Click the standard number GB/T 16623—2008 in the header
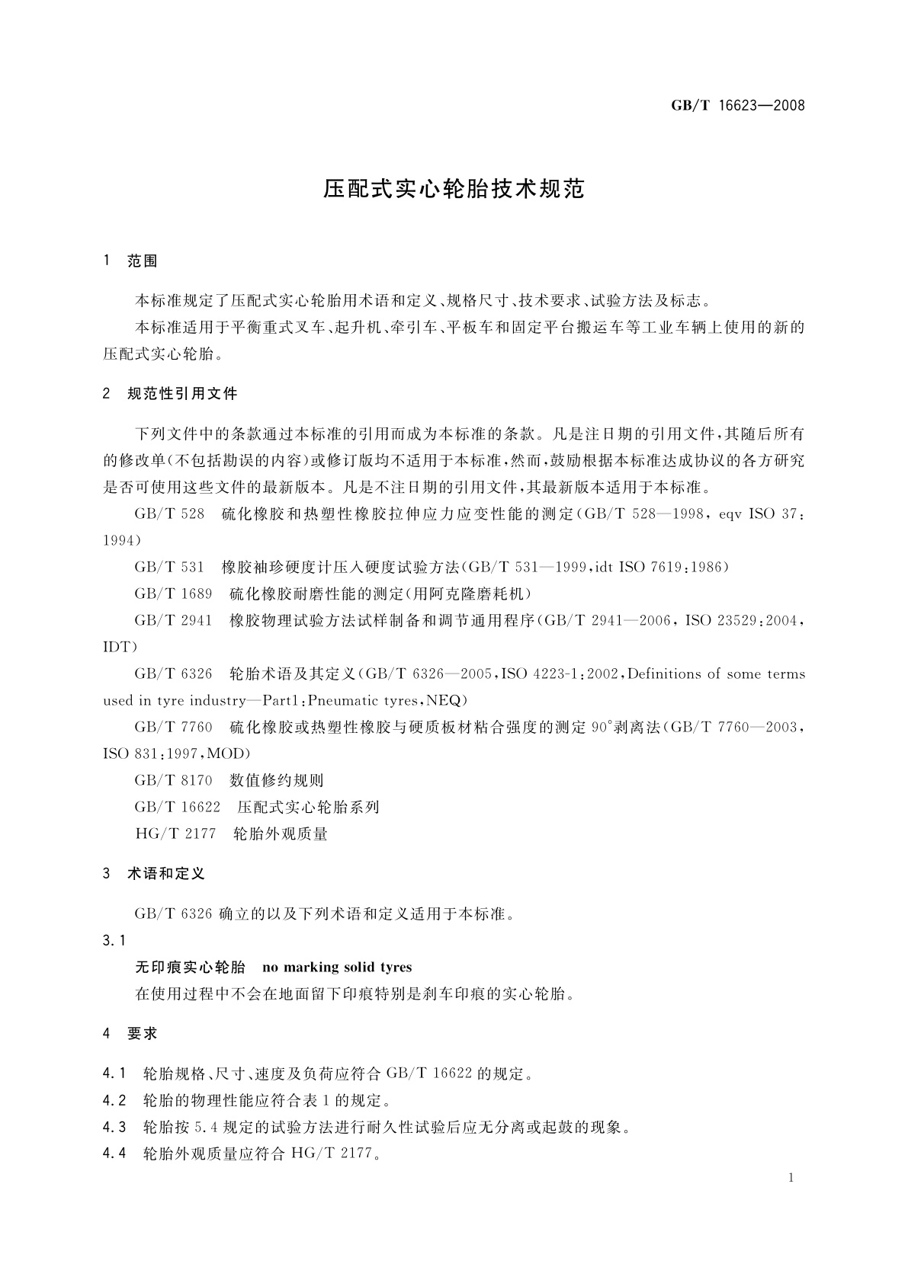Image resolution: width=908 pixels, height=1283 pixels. click(x=737, y=106)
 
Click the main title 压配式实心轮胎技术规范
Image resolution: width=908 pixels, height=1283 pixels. click(x=454, y=189)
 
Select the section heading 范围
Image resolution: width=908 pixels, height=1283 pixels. click(x=143, y=261)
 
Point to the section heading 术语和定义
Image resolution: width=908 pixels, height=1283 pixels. click(x=166, y=874)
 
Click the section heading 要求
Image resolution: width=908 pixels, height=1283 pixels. click(x=143, y=1034)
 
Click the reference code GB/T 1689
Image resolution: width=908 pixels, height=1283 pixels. click(x=173, y=594)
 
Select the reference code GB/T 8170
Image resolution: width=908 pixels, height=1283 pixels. click(x=173, y=780)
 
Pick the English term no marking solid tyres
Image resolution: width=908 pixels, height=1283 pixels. click(x=336, y=968)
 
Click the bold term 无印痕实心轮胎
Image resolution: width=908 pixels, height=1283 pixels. click(x=190, y=968)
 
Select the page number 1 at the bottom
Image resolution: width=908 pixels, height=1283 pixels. click(x=791, y=1178)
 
